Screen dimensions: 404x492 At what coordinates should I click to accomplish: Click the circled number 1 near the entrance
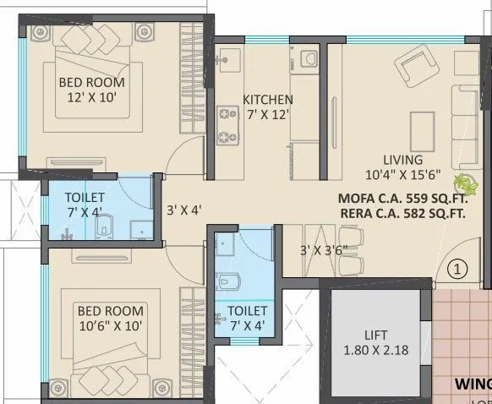pyautogui.click(x=457, y=270)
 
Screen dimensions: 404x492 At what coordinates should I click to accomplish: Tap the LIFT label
pyautogui.click(x=377, y=334)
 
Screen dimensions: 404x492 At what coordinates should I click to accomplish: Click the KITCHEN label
pyautogui.click(x=268, y=100)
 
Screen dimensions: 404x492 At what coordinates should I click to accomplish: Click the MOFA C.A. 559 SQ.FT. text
pyautogui.click(x=402, y=199)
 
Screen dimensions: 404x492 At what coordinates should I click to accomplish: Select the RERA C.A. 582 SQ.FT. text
pyautogui.click(x=402, y=215)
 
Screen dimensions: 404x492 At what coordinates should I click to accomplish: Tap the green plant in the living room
pyautogui.click(x=464, y=181)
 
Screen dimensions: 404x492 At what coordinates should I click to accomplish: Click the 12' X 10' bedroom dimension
pyautogui.click(x=91, y=98)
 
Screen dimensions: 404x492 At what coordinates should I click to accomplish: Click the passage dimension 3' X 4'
pyautogui.click(x=183, y=209)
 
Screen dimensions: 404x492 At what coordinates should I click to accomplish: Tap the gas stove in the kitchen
pyautogui.click(x=227, y=124)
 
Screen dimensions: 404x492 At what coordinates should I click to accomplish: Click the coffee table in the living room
pyautogui.click(x=421, y=129)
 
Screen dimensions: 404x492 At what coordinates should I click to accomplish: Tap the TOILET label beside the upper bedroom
pyautogui.click(x=85, y=197)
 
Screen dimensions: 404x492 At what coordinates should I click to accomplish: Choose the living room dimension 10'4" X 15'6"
pyautogui.click(x=404, y=175)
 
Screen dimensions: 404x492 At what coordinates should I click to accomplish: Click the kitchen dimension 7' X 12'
pyautogui.click(x=268, y=115)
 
